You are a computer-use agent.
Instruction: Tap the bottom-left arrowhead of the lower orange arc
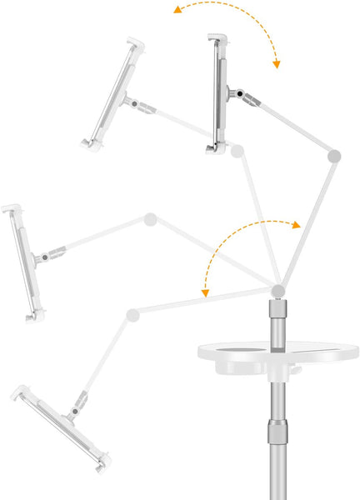[x=203, y=293]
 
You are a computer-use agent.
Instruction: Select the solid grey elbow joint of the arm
[x=334, y=155]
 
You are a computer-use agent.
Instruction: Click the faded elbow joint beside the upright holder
[x=237, y=151]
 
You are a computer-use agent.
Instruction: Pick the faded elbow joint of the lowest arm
[x=132, y=314]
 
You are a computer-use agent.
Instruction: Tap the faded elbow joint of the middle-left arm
[x=150, y=220]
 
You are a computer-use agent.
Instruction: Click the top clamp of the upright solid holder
[x=217, y=41]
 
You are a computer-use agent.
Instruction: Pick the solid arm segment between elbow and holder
[x=292, y=124]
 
